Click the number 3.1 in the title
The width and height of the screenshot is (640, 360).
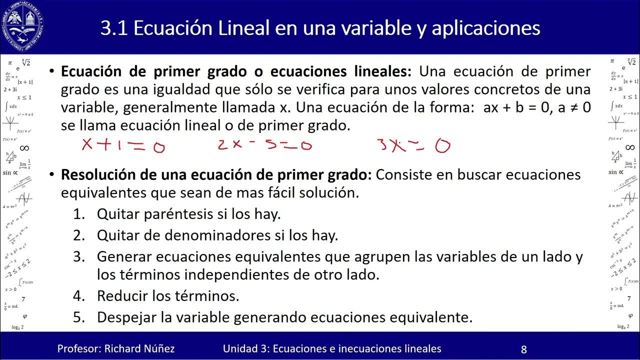(114, 28)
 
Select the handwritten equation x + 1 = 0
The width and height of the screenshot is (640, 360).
(123, 145)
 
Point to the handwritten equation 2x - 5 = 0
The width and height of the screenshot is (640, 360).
(264, 145)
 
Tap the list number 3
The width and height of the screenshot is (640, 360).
(79, 256)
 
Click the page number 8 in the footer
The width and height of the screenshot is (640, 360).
(523, 349)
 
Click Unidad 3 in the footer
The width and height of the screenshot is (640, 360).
(243, 348)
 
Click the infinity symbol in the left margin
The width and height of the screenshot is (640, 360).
(24, 148)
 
